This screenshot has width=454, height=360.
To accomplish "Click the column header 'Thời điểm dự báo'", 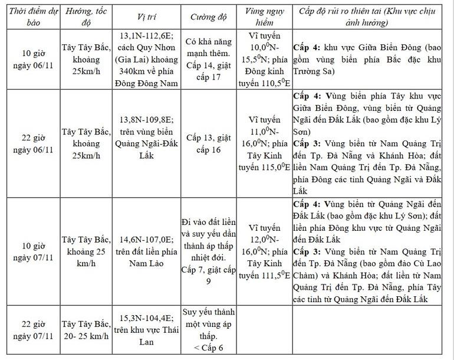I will [x=29, y=17].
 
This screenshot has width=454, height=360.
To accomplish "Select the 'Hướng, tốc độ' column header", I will [x=87, y=17].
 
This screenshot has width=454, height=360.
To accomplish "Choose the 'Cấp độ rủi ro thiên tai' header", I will [x=372, y=17].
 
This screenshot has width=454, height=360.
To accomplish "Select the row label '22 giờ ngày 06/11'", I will [x=29, y=144].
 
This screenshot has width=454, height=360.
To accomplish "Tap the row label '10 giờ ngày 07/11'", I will [x=29, y=251].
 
